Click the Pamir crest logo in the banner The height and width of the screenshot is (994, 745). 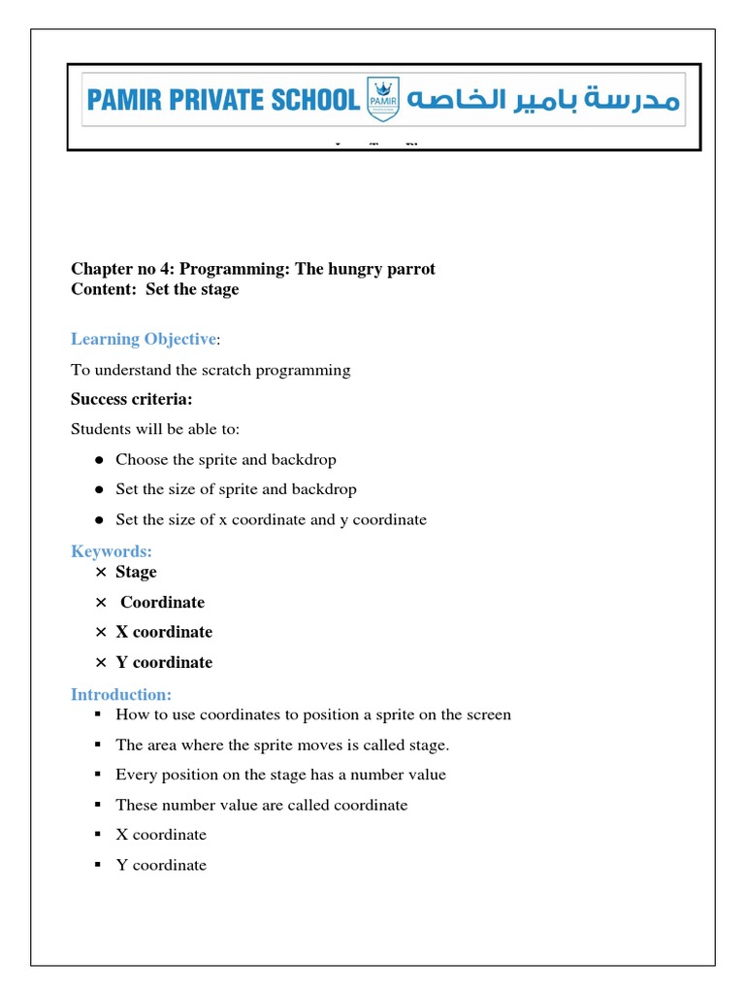pos(379,99)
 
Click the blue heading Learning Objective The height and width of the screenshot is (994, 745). pos(144,339)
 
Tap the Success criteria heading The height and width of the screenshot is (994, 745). pos(131,399)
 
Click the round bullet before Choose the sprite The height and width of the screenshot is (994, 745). pos(99,460)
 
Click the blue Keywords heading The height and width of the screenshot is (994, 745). pos(112,551)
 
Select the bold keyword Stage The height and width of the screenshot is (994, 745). pos(136,572)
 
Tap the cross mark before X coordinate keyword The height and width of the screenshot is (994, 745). pos(100,633)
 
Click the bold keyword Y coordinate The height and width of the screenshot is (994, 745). pos(164,662)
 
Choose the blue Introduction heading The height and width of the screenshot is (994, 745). pos(121,694)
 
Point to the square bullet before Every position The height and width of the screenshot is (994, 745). pos(98,775)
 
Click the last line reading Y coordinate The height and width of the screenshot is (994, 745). pos(161,865)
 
